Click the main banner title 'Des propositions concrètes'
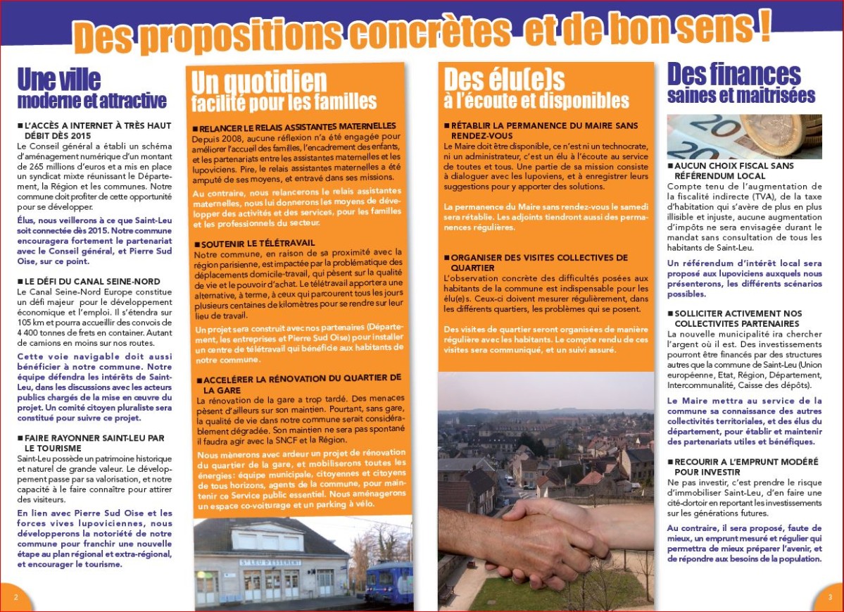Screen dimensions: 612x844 point(296,35)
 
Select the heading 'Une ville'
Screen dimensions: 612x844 point(59,80)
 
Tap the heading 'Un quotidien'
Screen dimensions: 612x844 point(259,82)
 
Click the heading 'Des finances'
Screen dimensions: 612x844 point(733,74)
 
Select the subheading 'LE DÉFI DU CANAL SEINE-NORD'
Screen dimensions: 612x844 point(89,281)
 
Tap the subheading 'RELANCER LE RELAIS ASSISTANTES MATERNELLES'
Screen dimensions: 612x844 point(298,127)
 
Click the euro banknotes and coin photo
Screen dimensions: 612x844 point(744,137)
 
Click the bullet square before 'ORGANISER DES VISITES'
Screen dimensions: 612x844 point(446,258)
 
